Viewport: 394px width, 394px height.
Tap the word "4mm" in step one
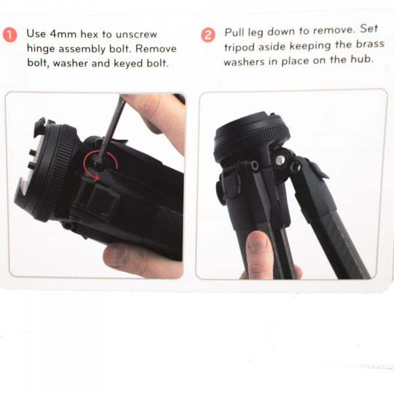[60, 33]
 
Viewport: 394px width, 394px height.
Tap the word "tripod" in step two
[241, 47]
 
